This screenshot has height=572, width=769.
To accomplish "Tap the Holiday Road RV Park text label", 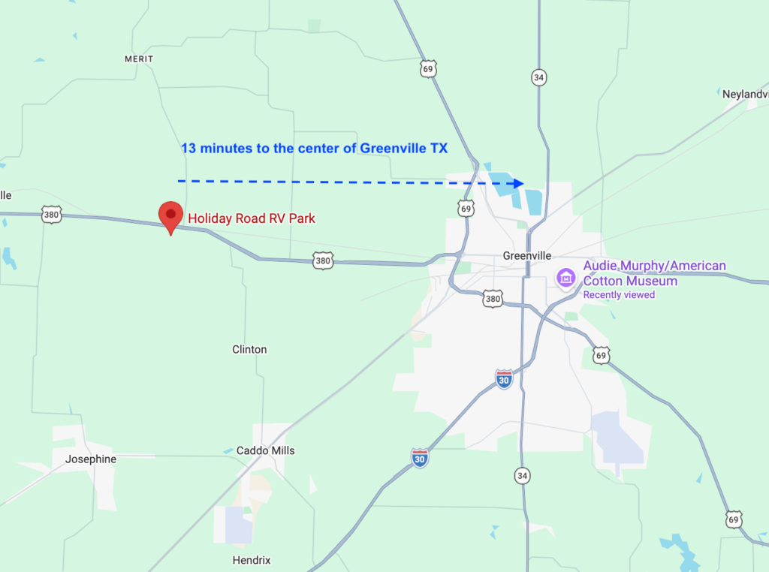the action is coord(252,218).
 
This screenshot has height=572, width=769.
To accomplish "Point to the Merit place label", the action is coord(139,59).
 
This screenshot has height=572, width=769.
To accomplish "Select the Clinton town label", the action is coord(249,350).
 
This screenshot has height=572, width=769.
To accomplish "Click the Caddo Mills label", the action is coord(266,450).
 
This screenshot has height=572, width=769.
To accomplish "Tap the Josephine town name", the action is coord(91,459).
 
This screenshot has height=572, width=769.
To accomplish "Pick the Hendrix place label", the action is coord(252,560).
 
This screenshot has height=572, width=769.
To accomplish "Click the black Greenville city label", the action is coord(527,256).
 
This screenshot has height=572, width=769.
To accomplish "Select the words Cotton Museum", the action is coord(630,281).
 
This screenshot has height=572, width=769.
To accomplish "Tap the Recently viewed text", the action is coord(619,295).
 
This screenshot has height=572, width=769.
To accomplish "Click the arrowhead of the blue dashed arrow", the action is coord(518,183).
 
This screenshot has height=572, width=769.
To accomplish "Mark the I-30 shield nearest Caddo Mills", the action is coord(420,458).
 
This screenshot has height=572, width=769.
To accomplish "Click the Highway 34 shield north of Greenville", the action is coord(538,77).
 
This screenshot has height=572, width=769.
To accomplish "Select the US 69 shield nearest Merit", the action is coord(428,69).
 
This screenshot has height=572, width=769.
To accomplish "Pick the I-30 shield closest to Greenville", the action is coord(504,378).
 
